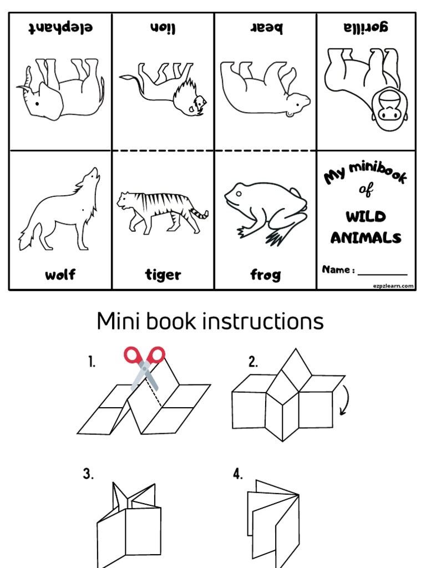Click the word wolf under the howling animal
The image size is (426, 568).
pyautogui.click(x=60, y=275)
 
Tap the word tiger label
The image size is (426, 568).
pyautogui.click(x=163, y=275)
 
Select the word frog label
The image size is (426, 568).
pyautogui.click(x=265, y=275)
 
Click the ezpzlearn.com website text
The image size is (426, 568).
pyautogui.click(x=393, y=286)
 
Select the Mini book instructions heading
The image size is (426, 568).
pyautogui.click(x=210, y=321)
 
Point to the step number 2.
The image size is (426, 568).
pyautogui.click(x=253, y=362)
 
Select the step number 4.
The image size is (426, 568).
pyautogui.click(x=238, y=474)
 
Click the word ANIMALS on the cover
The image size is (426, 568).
pyautogui.click(x=366, y=238)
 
